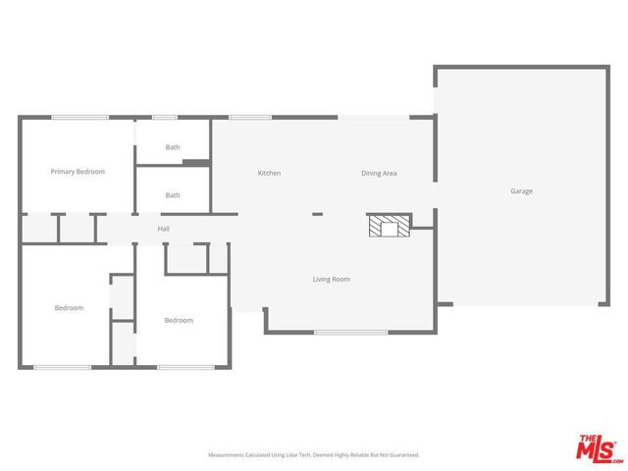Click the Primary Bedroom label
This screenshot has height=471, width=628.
(x=78, y=172)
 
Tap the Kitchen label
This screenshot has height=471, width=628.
(x=269, y=174)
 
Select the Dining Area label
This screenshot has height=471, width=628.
(x=379, y=174)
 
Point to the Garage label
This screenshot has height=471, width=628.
(x=521, y=191)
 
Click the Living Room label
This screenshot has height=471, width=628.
(x=331, y=280)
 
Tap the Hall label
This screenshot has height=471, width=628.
(x=164, y=230)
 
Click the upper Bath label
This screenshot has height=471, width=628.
(x=173, y=148)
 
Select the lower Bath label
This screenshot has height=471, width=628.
(x=173, y=195)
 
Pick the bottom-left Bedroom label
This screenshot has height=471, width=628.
(x=69, y=308)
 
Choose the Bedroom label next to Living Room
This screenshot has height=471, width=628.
(x=179, y=321)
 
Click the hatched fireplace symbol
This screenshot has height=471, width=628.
(x=390, y=227)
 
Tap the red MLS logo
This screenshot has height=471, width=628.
(x=599, y=448)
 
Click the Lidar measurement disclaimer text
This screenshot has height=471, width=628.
(x=313, y=455)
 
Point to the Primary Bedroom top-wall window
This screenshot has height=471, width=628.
(x=79, y=118)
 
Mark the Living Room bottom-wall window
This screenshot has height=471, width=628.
(x=350, y=333)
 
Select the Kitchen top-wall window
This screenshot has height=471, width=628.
(x=250, y=118)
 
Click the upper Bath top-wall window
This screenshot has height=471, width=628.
(x=164, y=118)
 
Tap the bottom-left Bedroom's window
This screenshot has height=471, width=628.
(x=62, y=367)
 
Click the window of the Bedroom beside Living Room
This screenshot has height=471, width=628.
(x=185, y=367)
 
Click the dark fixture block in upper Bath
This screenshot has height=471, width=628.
(x=196, y=162)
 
